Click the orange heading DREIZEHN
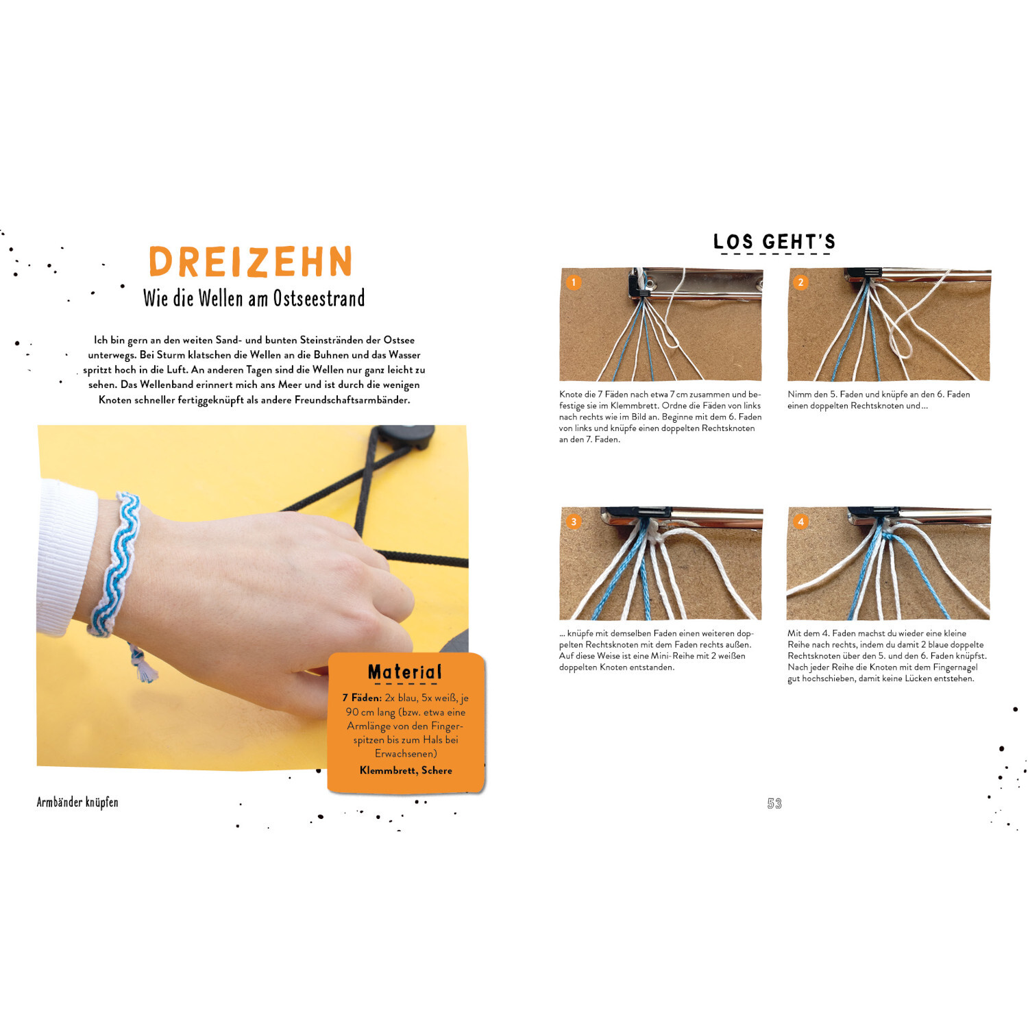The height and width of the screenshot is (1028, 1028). point(251,262)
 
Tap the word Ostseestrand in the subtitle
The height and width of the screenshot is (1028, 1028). point(319,298)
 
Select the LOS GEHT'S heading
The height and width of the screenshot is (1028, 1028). point(774,241)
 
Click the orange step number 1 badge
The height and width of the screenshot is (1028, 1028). point(574,282)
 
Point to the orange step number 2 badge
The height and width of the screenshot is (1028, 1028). point(800,282)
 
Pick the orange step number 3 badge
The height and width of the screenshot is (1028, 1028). point(574,522)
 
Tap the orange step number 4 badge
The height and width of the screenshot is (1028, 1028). point(800,522)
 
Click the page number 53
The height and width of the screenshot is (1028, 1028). point(774,803)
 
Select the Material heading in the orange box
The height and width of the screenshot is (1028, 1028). point(405,672)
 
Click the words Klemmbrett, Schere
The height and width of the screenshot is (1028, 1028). point(406,770)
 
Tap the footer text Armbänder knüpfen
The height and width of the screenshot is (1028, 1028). point(77,802)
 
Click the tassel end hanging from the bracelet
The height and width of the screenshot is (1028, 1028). point(142,663)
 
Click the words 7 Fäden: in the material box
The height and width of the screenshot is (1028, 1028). point(362,698)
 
